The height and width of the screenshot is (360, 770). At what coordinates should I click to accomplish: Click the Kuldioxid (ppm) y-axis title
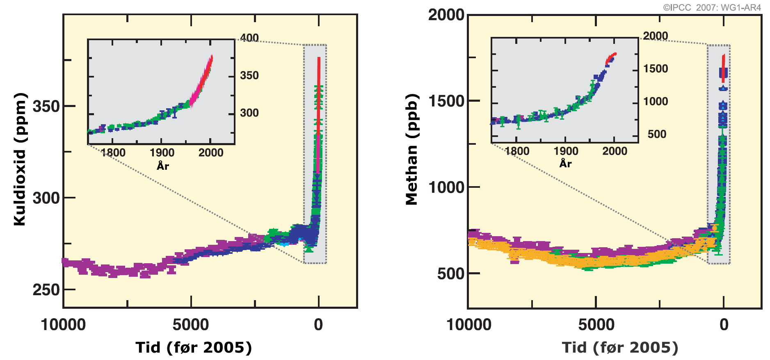(x=20, y=159)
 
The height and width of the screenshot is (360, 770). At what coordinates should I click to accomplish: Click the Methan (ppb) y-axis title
(x=412, y=150)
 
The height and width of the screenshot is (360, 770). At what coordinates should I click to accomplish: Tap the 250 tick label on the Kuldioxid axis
(x=46, y=290)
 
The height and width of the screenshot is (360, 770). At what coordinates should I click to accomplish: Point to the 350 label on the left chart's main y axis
(x=46, y=106)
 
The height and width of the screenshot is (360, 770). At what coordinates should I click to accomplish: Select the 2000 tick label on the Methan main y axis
(x=446, y=15)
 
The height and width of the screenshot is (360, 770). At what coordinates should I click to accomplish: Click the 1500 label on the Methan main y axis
(x=446, y=101)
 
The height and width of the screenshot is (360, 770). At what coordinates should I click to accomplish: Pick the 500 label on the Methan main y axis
(x=450, y=274)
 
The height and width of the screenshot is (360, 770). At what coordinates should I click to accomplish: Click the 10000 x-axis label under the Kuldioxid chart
(x=63, y=325)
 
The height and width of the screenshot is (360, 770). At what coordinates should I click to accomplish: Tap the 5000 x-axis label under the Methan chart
(x=596, y=325)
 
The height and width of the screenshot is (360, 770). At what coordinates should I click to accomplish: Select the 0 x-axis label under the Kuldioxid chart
(x=318, y=325)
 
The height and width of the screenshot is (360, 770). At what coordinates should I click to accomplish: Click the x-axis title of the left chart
(x=194, y=348)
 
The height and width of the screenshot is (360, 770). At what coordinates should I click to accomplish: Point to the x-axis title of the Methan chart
(x=620, y=348)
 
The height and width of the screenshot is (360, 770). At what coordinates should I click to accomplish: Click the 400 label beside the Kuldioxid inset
(x=249, y=38)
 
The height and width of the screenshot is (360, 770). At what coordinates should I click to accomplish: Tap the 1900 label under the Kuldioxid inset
(x=162, y=153)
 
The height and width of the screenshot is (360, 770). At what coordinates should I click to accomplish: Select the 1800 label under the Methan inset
(x=517, y=151)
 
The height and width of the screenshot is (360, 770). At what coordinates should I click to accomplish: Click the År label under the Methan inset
(x=565, y=164)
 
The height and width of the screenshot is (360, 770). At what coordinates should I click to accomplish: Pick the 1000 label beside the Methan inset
(x=656, y=101)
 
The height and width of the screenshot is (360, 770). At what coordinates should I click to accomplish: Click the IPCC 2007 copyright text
(x=712, y=7)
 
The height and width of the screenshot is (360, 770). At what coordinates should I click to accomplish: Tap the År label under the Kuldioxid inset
(x=162, y=166)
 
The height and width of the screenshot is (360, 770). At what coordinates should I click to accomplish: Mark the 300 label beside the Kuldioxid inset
(x=249, y=113)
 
